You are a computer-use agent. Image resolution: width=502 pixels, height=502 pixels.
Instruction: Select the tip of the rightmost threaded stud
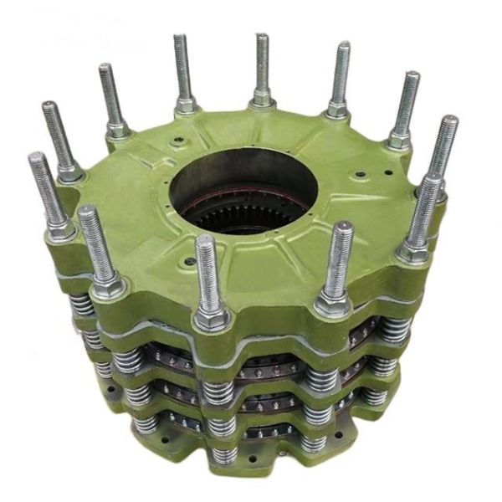point(449,122)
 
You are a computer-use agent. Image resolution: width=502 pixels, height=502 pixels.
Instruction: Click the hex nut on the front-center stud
point(212,319)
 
